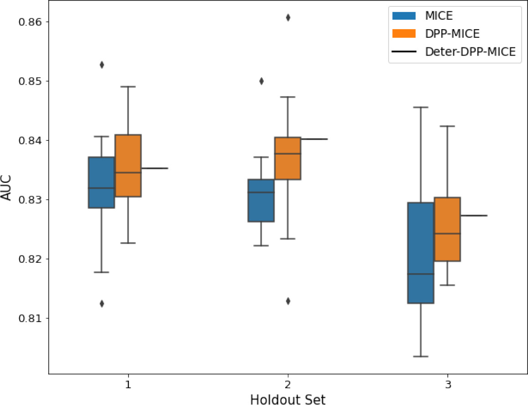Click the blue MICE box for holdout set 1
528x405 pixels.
click(x=102, y=182)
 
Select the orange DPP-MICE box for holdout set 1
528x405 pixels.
click(x=128, y=166)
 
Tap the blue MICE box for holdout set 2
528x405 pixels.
click(x=261, y=201)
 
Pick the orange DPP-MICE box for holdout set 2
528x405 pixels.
click(x=287, y=158)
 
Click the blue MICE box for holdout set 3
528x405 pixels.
click(x=420, y=253)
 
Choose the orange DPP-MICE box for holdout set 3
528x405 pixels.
click(x=447, y=229)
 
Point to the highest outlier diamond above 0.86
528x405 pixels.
click(x=288, y=17)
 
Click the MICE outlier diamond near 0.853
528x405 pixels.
click(x=102, y=65)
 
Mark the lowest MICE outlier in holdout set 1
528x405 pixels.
click(x=102, y=304)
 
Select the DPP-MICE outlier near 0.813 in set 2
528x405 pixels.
click(x=288, y=301)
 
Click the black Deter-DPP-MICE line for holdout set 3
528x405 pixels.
click(x=474, y=215)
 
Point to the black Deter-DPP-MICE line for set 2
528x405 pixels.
click(x=314, y=139)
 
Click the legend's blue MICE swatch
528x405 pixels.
click(x=404, y=16)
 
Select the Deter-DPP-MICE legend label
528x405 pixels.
click(x=470, y=52)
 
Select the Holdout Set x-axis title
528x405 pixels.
click(x=287, y=399)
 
